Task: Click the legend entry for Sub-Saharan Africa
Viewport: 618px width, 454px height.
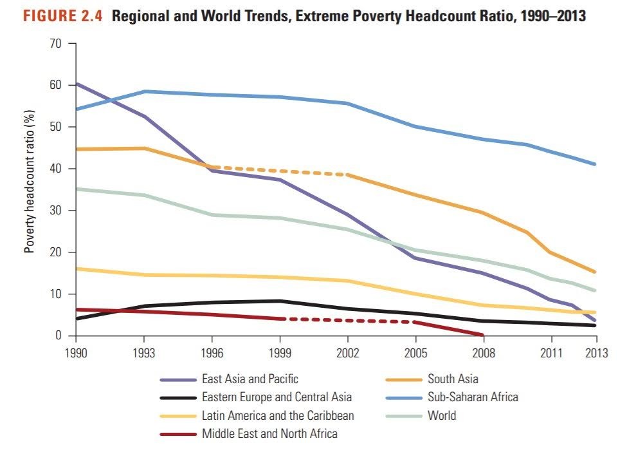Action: [473, 397]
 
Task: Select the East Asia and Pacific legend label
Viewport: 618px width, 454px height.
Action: [250, 379]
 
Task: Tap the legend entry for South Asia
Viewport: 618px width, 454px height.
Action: [453, 379]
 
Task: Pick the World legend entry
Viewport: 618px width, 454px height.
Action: [442, 415]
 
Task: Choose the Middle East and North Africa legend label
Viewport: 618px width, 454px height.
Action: [269, 433]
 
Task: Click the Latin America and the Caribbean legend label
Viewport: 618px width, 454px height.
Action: [278, 415]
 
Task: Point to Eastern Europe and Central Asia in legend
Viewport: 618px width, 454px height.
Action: [277, 397]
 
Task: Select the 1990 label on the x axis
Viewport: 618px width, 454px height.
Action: [76, 354]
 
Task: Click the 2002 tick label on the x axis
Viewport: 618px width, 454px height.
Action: [348, 354]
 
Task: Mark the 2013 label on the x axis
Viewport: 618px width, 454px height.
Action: [595, 354]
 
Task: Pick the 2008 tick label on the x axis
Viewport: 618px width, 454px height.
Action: [483, 354]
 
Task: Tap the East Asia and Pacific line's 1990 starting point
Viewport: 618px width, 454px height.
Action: [77, 84]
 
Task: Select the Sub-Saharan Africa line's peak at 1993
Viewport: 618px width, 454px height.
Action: [145, 91]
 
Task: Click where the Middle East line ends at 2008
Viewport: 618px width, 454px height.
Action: [482, 335]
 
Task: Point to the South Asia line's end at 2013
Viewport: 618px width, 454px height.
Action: [595, 272]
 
